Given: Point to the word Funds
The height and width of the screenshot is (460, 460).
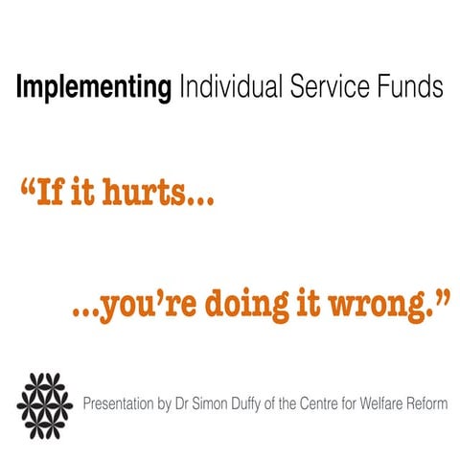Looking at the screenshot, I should click(x=408, y=88).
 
